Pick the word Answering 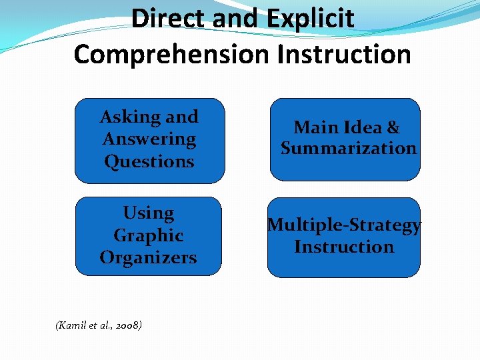tap(149, 139)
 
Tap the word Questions tap(149, 161)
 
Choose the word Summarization tap(348, 148)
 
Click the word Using tap(149, 213)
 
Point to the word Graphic tap(149, 235)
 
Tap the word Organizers tap(149, 257)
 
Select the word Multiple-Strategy tap(344, 225)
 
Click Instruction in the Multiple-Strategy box tap(344, 247)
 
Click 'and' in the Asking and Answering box tap(182, 117)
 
